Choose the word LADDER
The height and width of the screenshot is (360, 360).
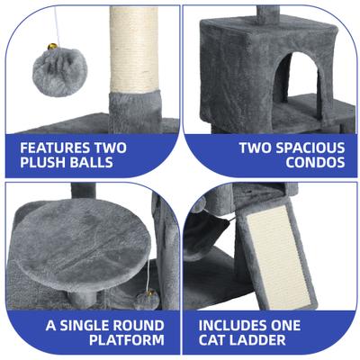(x=267, y=342)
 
